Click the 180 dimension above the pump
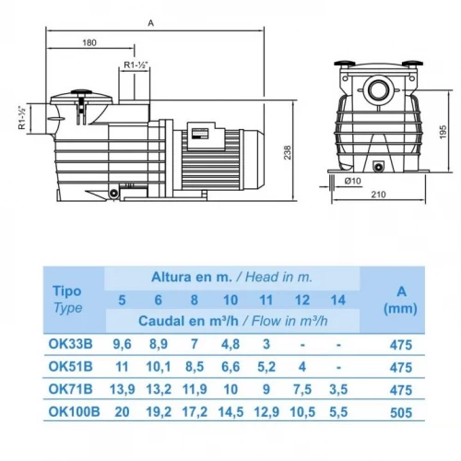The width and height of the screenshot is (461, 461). pyautogui.click(x=89, y=42)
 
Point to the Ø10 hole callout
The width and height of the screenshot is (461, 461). pyautogui.click(x=351, y=181)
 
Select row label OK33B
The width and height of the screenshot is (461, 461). pyautogui.click(x=69, y=345)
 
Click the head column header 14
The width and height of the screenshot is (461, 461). pyautogui.click(x=339, y=299)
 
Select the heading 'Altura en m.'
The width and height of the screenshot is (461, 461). pyautogui.click(x=192, y=276)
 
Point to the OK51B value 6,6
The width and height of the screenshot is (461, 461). pyautogui.click(x=231, y=368)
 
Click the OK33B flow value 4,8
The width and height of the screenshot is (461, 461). pyautogui.click(x=231, y=345)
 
